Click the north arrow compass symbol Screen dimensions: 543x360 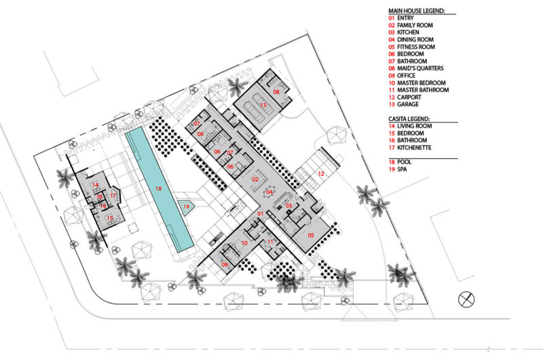pos(466,300)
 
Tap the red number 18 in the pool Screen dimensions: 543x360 pos(158,188)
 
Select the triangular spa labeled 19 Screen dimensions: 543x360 pos(186,208)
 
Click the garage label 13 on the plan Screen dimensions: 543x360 pos(263,105)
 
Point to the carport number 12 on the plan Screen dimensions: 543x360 pos(321,174)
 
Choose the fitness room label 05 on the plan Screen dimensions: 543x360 pos(311,235)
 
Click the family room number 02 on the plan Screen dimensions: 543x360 pos(255,179)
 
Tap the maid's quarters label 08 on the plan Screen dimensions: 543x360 pos(276,92)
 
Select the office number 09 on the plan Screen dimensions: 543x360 pos(225,265)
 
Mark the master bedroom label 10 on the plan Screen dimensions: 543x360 pos(244,243)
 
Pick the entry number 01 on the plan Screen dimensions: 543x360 pos(261,214)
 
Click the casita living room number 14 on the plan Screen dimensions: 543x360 pos(95,185)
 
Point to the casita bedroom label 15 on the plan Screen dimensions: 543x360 pos(110,218)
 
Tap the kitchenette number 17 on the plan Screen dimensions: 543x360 pos(113,196)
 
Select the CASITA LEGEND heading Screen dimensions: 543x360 pos(409,119)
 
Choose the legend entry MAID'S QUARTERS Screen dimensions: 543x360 pos(420,68)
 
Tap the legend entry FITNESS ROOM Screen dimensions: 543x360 pos(416,47)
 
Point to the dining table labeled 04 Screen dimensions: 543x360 pos(269,192)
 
